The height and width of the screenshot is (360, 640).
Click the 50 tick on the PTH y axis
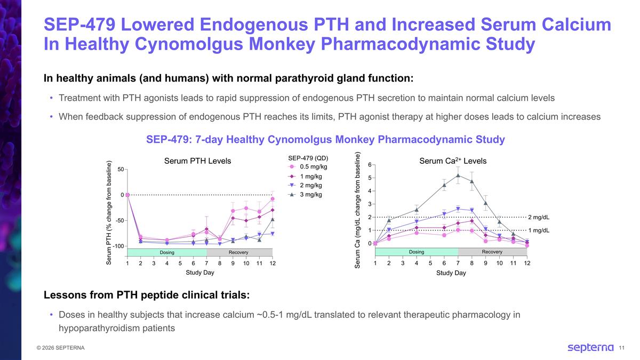tap(121, 169)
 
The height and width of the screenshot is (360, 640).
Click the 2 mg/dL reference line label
tap(539, 217)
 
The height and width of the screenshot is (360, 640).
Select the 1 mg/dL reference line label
tap(539, 230)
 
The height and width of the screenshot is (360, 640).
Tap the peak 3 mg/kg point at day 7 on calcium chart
tap(458, 175)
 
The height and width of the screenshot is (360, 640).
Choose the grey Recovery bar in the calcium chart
tap(492, 252)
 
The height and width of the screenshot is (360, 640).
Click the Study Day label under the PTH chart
tap(200, 273)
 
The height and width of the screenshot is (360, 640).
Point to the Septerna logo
tap(590, 348)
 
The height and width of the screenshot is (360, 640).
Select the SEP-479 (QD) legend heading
tap(308, 158)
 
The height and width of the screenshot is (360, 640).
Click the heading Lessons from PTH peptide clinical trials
tap(146, 295)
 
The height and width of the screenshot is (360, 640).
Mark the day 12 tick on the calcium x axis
tap(527, 263)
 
